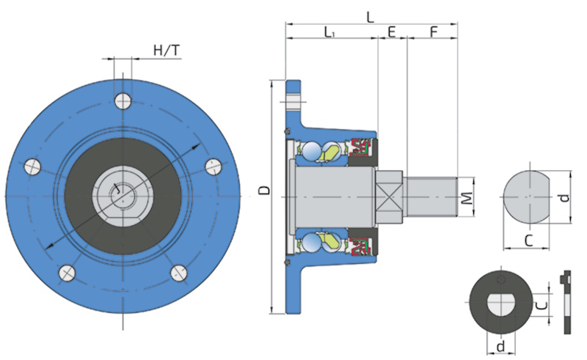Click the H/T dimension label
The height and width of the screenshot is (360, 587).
[x=166, y=50]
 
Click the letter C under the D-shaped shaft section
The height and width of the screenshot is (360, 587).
[x=528, y=240]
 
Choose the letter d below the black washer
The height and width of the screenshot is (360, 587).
[x=500, y=345]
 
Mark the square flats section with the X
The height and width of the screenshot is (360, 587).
[x=390, y=196]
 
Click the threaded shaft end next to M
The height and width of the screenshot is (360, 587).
[x=432, y=196]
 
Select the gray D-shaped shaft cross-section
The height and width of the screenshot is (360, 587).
[x=525, y=197]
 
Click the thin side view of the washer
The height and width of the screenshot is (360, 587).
[x=566, y=302]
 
